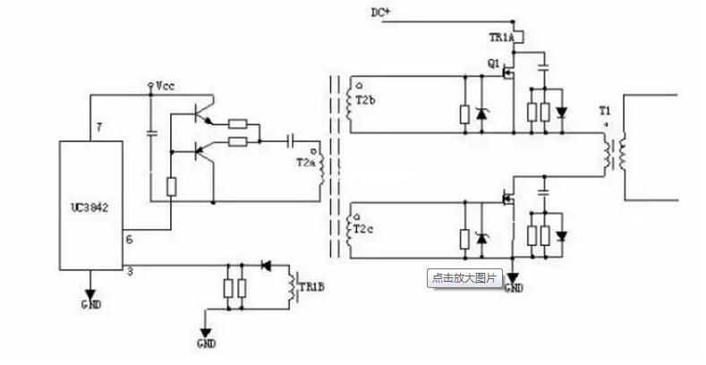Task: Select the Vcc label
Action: [x=166, y=86]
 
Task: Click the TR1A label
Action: [x=501, y=38]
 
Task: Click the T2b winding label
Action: [x=365, y=100]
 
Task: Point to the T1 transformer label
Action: [x=606, y=113]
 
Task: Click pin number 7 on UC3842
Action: [x=100, y=128]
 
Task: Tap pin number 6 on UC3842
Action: [x=128, y=241]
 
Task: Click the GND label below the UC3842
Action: [x=90, y=305]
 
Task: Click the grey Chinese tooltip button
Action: [x=464, y=277]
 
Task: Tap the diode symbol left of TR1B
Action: [x=265, y=265]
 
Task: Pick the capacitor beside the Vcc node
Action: [x=150, y=132]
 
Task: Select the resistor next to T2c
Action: [x=464, y=239]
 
